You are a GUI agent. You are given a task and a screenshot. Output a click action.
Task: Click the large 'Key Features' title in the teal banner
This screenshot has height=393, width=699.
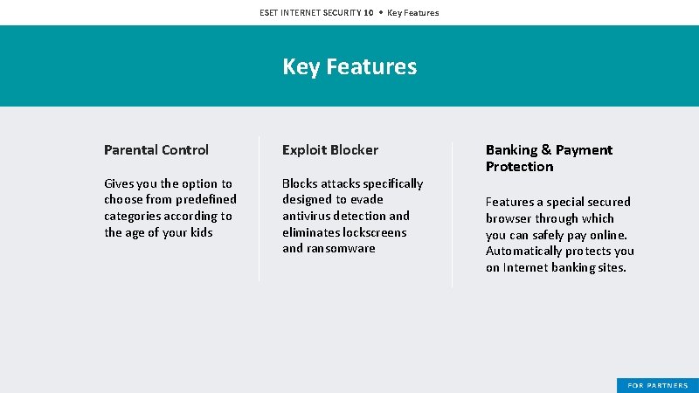(x=349, y=66)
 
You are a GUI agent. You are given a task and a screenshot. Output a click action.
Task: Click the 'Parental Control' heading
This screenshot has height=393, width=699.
(x=156, y=150)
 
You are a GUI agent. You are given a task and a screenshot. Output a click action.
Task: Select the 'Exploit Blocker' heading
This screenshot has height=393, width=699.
(x=330, y=150)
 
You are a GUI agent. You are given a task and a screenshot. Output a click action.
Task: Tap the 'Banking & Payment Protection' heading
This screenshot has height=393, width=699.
(x=549, y=158)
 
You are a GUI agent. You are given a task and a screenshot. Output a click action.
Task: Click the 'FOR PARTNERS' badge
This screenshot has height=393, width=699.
(x=657, y=385)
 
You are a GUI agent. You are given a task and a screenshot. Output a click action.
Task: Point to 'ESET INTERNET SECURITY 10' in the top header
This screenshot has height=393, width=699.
(x=316, y=12)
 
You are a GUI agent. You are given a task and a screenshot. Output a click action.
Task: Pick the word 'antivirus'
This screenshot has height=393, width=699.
(x=308, y=216)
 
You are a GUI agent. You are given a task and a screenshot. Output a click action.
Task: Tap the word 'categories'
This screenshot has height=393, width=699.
(x=135, y=216)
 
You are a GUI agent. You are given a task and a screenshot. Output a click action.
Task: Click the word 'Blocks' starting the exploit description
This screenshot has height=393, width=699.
(x=300, y=183)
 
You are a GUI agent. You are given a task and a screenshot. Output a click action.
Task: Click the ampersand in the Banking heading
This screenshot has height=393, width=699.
(x=546, y=150)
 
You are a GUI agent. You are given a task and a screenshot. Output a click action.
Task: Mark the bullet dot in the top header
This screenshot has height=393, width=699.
(x=380, y=12)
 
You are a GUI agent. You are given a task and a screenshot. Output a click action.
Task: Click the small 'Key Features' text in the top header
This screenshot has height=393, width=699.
(x=413, y=12)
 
